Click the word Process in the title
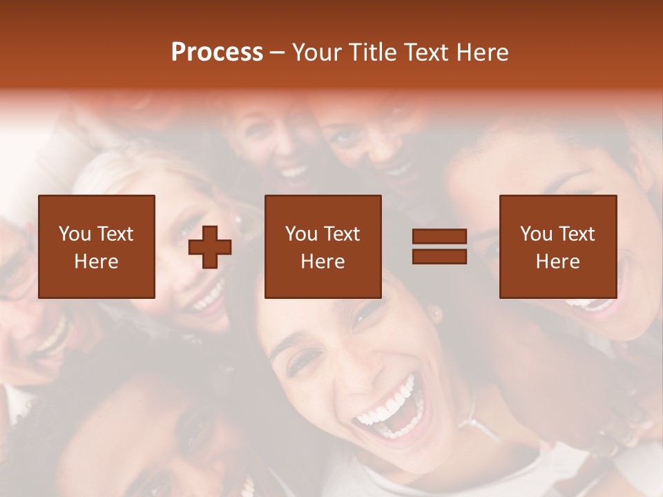tap(217, 52)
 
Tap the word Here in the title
tap(481, 52)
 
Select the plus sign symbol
tap(210, 247)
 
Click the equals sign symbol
tap(439, 246)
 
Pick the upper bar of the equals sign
tap(439, 237)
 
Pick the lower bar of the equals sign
tap(439, 256)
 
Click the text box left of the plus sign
tap(97, 246)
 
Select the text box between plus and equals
tap(323, 246)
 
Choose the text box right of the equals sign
tap(557, 246)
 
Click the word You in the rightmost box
tap(536, 234)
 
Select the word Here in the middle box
tap(323, 262)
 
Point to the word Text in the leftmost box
tap(115, 234)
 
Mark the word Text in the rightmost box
tap(577, 234)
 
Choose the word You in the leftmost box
tap(75, 234)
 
